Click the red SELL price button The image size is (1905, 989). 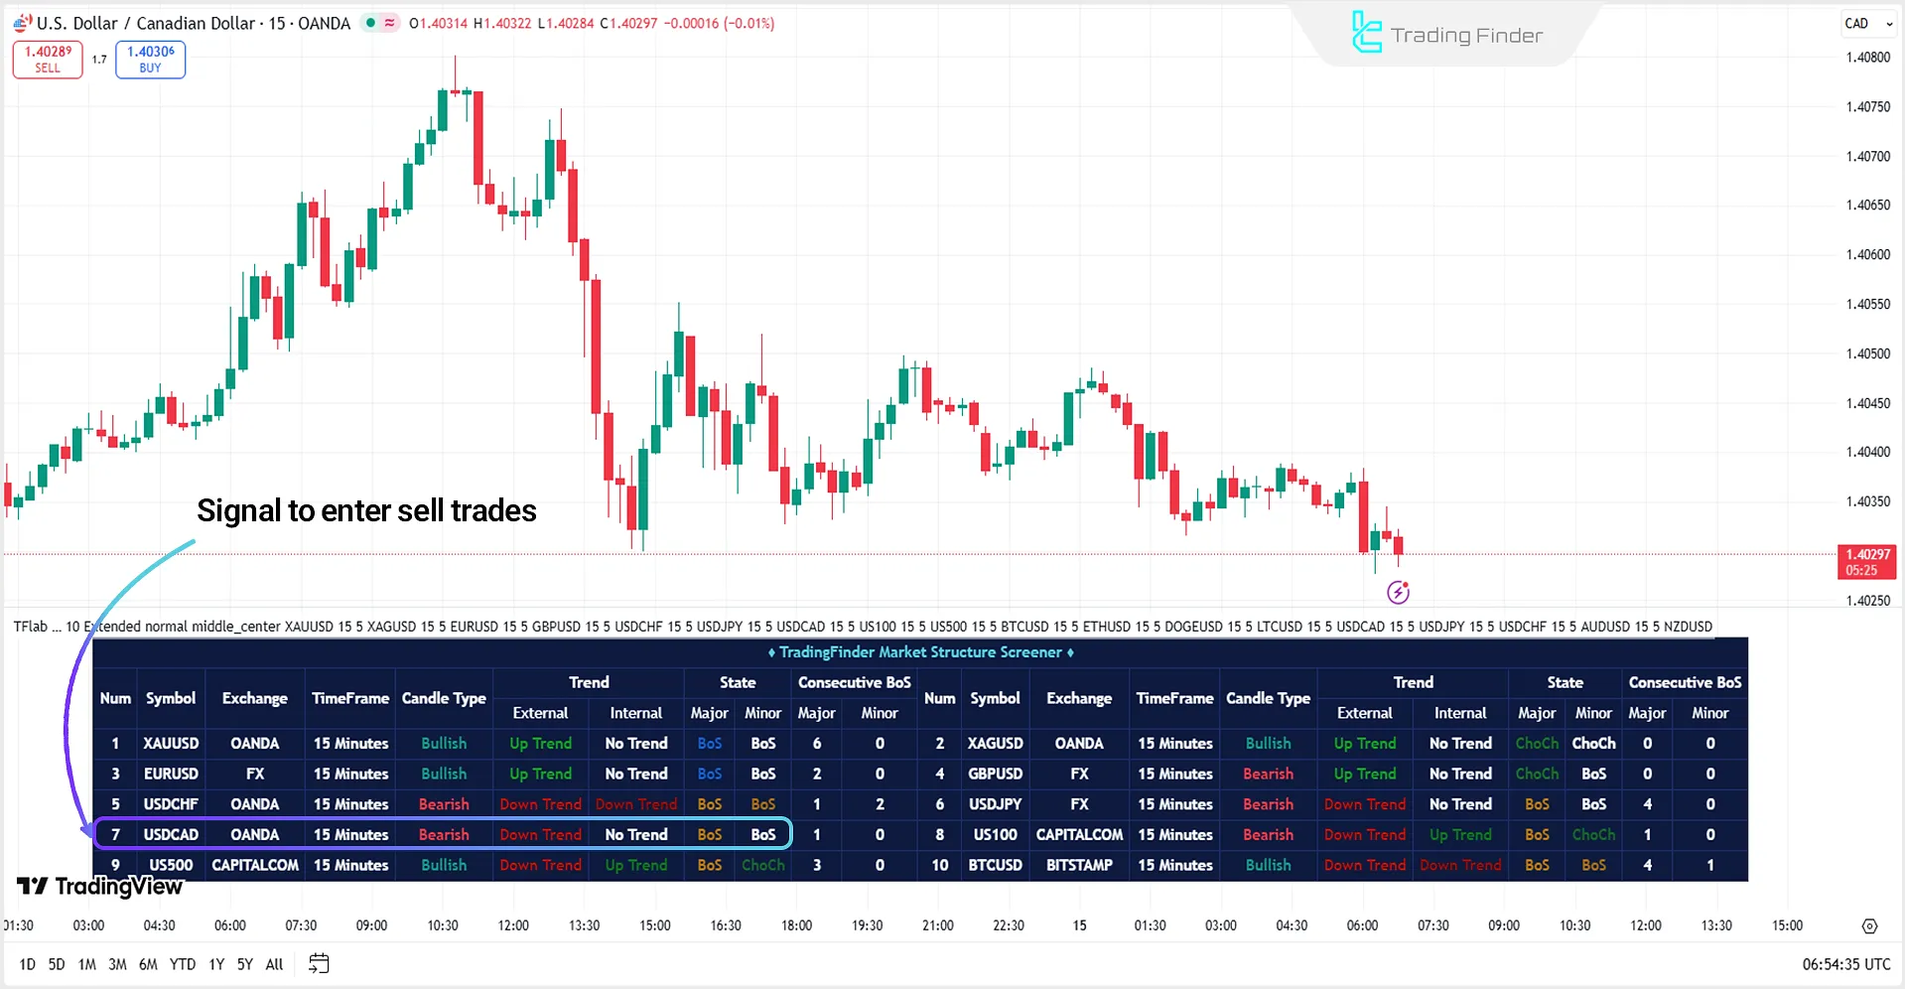(x=48, y=60)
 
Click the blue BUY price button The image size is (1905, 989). (x=150, y=60)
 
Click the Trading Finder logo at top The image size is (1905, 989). (x=1447, y=35)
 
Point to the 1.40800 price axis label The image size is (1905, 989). (x=1867, y=58)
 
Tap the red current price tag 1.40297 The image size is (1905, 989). (x=1866, y=561)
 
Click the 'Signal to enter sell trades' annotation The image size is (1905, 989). (x=366, y=510)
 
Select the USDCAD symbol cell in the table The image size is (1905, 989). (x=171, y=834)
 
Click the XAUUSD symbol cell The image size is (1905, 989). (x=171, y=743)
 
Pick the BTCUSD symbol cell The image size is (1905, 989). (x=995, y=865)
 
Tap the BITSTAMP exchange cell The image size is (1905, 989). (x=1079, y=865)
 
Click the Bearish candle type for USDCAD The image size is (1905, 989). (x=444, y=834)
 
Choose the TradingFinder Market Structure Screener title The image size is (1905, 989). (x=920, y=652)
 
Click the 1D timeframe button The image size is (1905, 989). (x=27, y=964)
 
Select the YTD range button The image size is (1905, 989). (x=183, y=964)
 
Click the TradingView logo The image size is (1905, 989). (x=100, y=886)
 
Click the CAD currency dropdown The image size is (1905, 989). (x=1868, y=24)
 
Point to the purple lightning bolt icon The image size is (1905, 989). (x=1398, y=593)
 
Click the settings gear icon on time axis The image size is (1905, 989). (x=1869, y=926)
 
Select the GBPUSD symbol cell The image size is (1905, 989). (x=995, y=774)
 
